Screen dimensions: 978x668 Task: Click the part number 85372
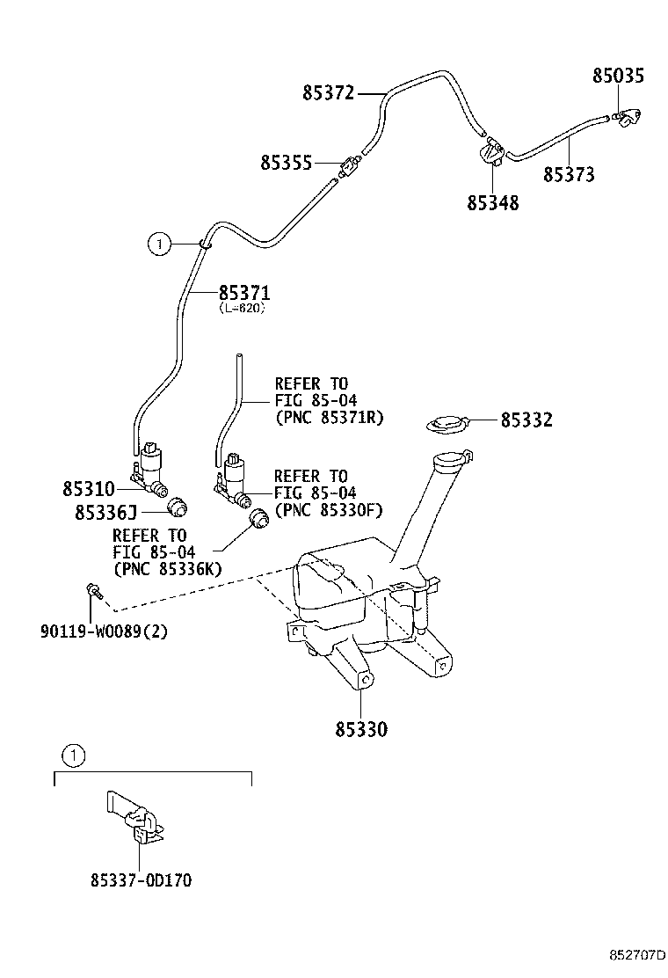click(328, 92)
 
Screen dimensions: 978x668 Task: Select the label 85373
click(568, 175)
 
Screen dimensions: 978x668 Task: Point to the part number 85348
click(492, 204)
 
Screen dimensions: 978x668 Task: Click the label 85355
click(286, 163)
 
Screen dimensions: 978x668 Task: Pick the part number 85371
click(243, 293)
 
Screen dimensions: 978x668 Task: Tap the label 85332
click(526, 420)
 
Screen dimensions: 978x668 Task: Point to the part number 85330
click(360, 729)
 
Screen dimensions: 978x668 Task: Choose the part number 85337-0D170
click(141, 879)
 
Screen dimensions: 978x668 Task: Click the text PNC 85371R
click(330, 417)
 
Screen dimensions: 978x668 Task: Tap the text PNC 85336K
click(167, 569)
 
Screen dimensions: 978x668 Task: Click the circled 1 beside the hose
click(157, 244)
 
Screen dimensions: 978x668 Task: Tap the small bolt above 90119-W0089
click(92, 592)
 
